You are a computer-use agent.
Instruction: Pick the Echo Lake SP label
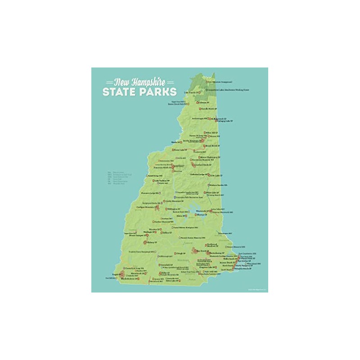(x=216, y=175)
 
